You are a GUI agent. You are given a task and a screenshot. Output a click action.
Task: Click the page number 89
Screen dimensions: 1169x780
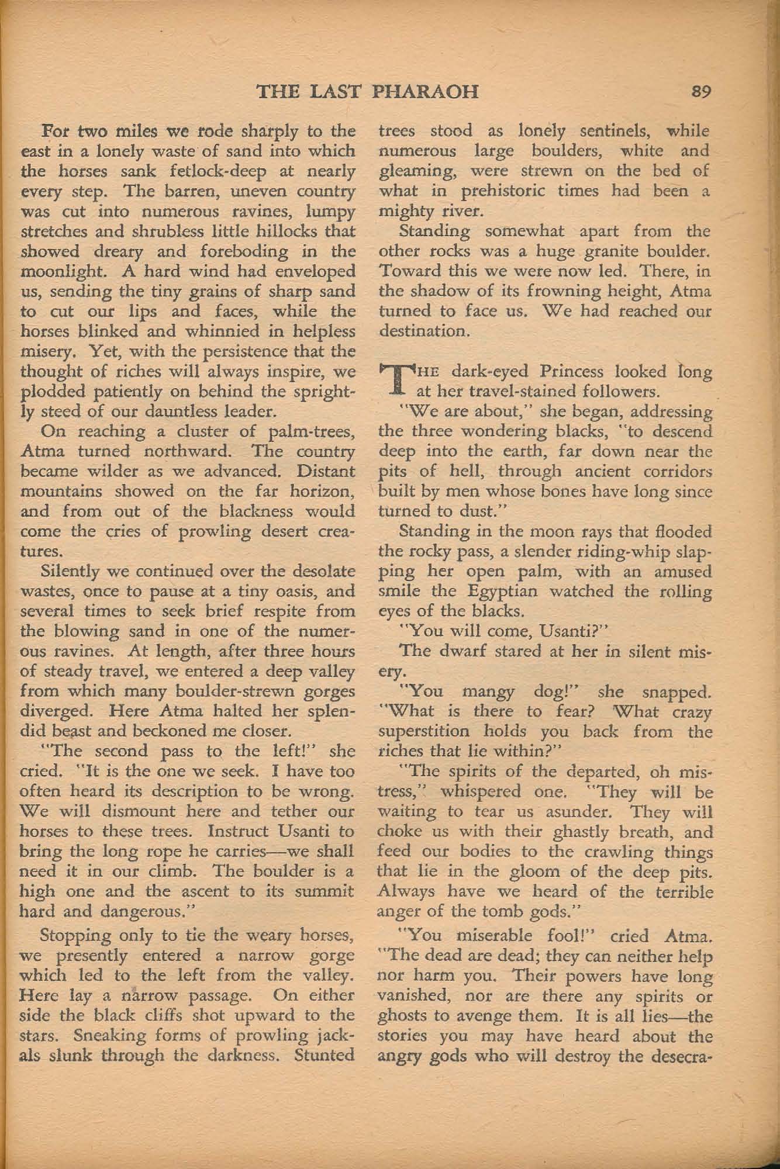point(700,92)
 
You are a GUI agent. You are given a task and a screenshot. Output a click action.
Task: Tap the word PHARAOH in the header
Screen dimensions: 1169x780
point(426,92)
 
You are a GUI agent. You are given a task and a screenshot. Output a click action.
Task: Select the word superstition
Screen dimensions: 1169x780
point(424,732)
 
